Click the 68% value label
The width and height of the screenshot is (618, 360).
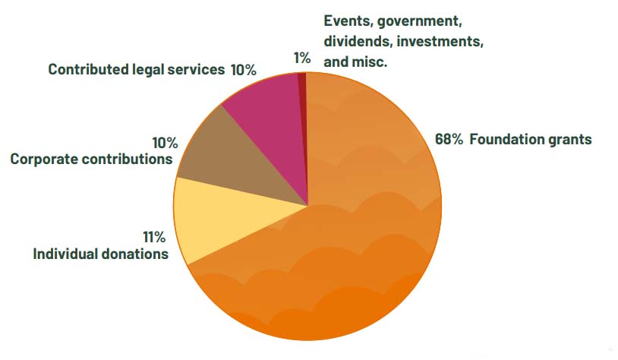coord(448,140)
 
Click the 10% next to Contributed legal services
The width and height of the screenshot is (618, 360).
coord(243,70)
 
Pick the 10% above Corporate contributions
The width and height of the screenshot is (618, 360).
coord(164,143)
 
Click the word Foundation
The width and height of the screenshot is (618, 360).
coord(506,140)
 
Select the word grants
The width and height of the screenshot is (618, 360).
coord(570,141)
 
